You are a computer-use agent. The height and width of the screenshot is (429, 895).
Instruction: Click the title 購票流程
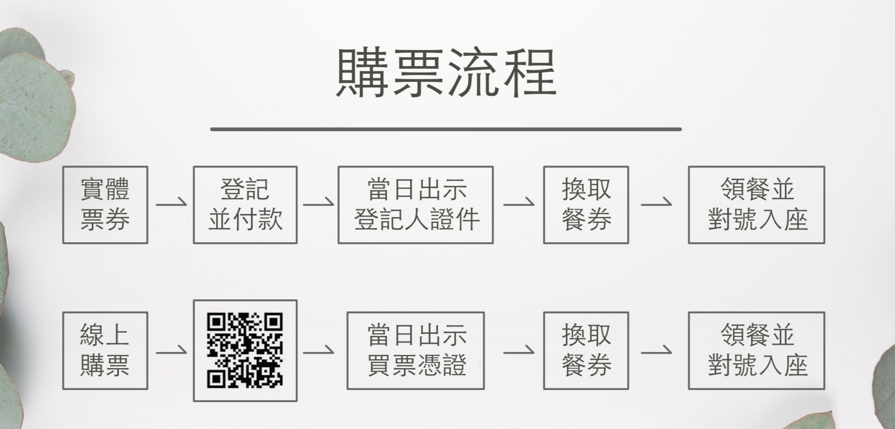tap(446, 73)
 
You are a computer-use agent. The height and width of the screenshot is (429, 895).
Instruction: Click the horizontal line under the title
tap(445, 129)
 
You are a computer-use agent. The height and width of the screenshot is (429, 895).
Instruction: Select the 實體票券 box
tap(105, 205)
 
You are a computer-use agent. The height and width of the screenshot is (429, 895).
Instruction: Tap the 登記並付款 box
tap(245, 205)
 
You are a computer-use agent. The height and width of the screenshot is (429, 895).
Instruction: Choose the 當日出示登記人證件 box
tap(416, 205)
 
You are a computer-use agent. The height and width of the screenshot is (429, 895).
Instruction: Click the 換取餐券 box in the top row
tap(586, 205)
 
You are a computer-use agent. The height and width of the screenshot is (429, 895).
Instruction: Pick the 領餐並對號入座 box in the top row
tap(756, 205)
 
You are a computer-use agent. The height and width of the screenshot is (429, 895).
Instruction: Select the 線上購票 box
tap(105, 350)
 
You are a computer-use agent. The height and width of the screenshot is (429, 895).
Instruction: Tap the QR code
tap(245, 350)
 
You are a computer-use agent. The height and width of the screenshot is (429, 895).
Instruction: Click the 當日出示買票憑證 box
tap(416, 350)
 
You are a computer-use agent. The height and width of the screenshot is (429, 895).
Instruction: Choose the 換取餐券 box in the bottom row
tap(586, 350)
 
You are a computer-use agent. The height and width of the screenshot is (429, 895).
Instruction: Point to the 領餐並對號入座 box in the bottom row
tap(756, 350)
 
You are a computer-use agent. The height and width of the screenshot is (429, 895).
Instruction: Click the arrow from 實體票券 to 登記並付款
tap(171, 203)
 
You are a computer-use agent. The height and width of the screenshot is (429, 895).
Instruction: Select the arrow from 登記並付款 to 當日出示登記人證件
tap(318, 203)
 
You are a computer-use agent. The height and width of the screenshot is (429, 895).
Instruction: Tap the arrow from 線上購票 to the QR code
tap(171, 350)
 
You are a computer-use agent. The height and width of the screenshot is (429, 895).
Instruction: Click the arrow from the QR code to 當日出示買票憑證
tap(318, 350)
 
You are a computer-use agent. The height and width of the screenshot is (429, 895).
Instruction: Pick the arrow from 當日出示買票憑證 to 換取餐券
tap(518, 350)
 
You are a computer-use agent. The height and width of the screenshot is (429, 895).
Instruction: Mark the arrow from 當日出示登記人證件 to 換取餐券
tap(518, 203)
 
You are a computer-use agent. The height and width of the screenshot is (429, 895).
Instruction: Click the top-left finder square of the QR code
tap(216, 322)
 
